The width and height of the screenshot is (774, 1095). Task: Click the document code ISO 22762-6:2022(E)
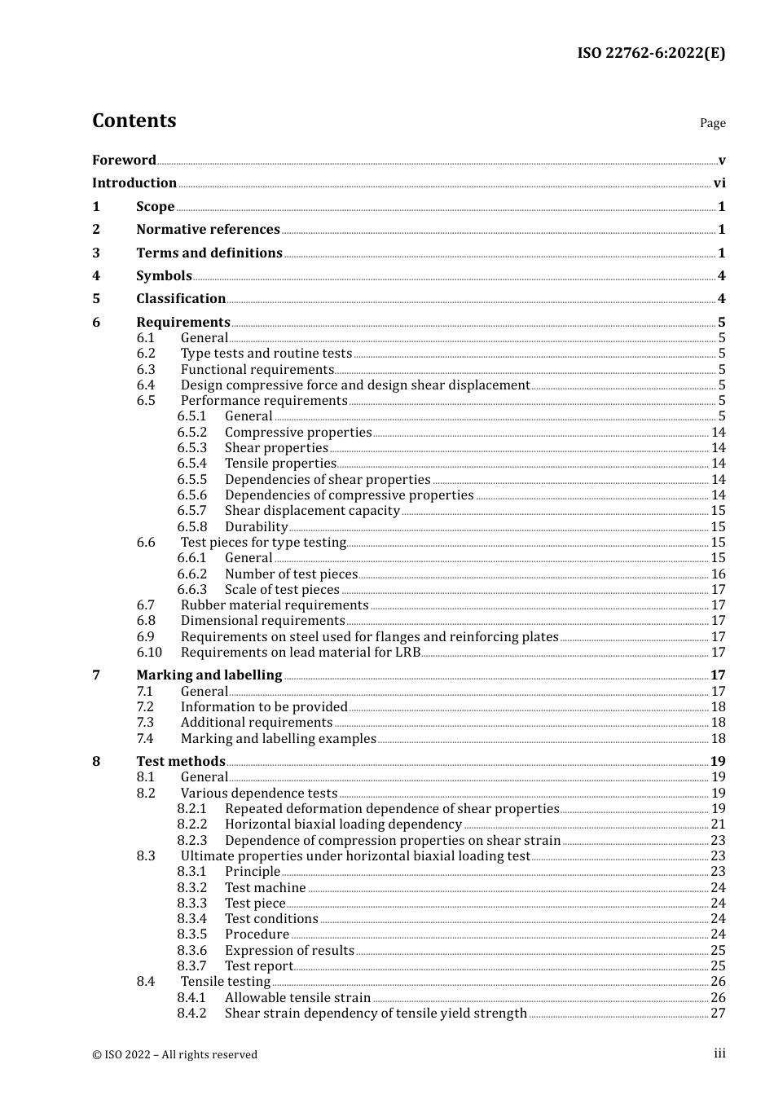tap(651, 53)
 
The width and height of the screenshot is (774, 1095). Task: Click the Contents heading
tap(134, 121)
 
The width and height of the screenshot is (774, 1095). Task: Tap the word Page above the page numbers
tap(712, 123)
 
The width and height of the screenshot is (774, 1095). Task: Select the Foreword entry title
tap(124, 161)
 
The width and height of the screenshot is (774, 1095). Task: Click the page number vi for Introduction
tap(719, 183)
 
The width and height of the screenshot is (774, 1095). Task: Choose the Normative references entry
tap(208, 230)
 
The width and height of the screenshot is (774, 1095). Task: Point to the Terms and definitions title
tap(209, 253)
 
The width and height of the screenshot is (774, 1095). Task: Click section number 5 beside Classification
tap(96, 299)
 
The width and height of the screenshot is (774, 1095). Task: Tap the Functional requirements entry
tap(257, 370)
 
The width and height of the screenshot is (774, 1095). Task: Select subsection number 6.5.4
tap(191, 464)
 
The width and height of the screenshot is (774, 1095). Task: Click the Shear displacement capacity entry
tap(312, 511)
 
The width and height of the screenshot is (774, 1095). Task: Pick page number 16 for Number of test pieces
tap(718, 574)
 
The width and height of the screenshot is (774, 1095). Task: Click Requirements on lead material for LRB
tap(301, 653)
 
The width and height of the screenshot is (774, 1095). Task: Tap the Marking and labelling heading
tap(209, 675)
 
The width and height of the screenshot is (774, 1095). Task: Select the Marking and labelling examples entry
tap(278, 739)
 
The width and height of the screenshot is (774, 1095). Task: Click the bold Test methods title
tap(181, 762)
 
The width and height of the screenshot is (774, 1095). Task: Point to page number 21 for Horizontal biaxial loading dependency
tap(718, 825)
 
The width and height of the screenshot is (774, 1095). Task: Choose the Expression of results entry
tap(289, 951)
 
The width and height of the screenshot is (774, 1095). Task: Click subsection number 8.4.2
tap(191, 1014)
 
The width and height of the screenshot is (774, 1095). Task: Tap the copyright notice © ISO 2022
tap(174, 1054)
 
